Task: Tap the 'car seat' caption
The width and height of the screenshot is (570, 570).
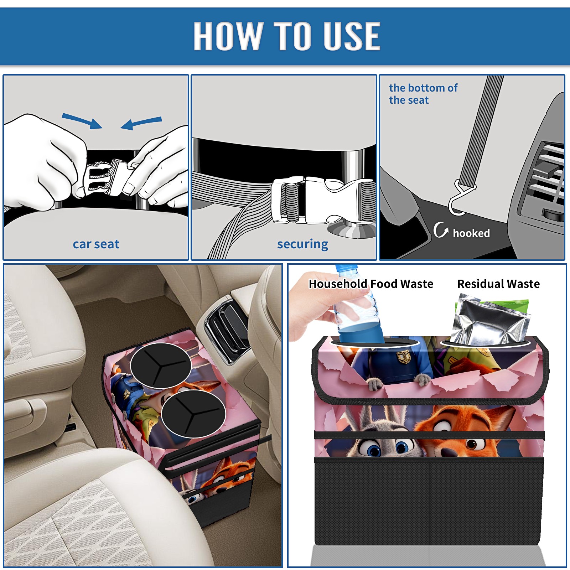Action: click(96, 244)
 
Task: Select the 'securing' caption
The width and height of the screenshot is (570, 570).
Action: click(302, 244)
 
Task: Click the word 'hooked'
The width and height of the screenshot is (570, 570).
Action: click(471, 233)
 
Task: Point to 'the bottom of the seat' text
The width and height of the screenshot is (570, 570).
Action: click(423, 94)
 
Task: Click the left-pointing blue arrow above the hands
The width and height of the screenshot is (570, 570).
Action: click(141, 123)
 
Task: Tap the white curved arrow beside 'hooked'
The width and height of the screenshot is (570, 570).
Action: click(441, 230)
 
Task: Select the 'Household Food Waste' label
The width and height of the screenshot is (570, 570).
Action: click(371, 284)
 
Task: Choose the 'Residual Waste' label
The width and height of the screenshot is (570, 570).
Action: click(498, 284)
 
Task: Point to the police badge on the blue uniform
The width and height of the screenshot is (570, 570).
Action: click(403, 356)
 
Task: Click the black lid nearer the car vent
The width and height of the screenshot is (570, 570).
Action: click(161, 365)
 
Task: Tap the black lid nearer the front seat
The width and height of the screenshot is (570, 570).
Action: click(193, 413)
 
